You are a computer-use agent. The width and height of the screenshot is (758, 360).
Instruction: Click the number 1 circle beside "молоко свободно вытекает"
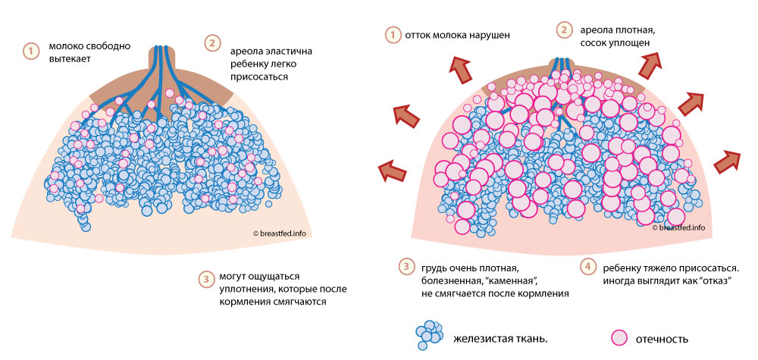click(30, 52)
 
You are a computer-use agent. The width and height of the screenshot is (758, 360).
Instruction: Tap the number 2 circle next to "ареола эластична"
click(213, 43)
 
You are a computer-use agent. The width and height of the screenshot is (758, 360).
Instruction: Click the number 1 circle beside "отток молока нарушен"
click(392, 35)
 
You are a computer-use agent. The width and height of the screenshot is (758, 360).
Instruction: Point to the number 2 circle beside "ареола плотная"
click(564, 30)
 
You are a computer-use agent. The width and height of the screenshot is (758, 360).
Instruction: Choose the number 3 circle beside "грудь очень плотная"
click(406, 266)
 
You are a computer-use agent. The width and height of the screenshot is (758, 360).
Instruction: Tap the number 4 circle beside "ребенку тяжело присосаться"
click(588, 266)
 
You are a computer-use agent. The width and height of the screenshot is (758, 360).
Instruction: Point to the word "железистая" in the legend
click(481, 338)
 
